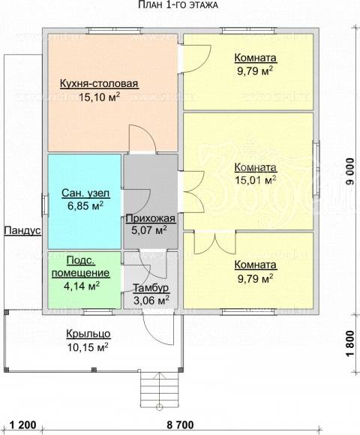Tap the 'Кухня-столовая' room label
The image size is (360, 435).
pos(99,83)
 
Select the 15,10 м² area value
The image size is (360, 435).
pos(99,97)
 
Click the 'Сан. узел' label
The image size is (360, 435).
pos(85,193)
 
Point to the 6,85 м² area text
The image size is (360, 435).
pos(85,205)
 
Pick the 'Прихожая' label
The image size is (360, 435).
pos(151,219)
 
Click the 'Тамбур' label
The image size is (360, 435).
pos(151,288)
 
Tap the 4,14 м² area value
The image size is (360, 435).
pos(82,286)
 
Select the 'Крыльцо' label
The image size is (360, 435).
pos(88,334)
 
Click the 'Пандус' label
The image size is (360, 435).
pos(22,231)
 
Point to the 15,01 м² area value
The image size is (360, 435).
pos(256,180)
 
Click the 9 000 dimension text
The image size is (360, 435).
pos(350,172)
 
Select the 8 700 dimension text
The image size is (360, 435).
pos(180,424)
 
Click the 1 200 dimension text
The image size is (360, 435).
pos(23,424)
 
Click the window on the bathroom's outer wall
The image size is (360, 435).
pos(45,205)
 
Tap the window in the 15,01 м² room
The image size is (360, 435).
pos(316,169)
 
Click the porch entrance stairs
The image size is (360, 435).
pos(159,388)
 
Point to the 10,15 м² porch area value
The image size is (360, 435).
pos(88,347)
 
